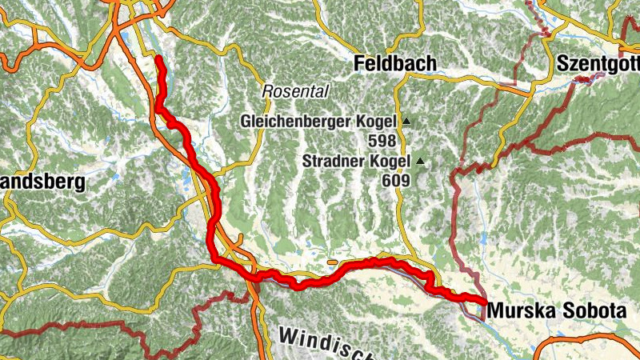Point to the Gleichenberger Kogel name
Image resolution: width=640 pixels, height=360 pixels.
click(318, 122)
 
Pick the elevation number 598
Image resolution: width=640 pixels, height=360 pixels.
click(383, 141)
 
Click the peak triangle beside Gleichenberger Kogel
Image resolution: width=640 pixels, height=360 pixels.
click(406, 122)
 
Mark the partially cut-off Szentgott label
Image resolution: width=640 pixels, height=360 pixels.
click(598, 63)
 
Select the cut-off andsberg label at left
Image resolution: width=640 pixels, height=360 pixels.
click(42, 182)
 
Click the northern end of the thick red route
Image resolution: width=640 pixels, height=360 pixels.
click(158, 59)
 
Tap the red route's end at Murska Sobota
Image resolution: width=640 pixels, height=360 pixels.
click(483, 302)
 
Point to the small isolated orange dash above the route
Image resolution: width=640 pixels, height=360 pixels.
click(333, 261)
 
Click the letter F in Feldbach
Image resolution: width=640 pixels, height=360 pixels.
click(360, 63)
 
